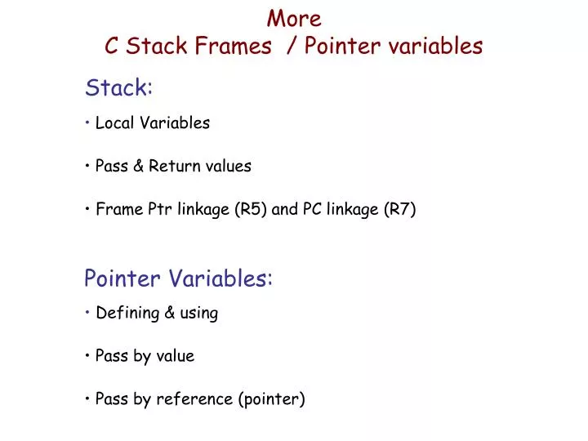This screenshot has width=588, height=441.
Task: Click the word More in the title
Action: (x=294, y=18)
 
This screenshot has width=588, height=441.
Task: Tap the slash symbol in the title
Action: (x=291, y=47)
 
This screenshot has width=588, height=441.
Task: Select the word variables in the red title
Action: (x=440, y=47)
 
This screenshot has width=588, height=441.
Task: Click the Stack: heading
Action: (x=118, y=87)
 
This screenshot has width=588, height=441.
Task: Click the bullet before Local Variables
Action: (x=87, y=123)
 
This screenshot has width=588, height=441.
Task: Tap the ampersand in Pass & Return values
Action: (x=137, y=167)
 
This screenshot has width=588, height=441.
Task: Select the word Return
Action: (x=171, y=167)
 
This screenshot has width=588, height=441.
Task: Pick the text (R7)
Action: (x=399, y=210)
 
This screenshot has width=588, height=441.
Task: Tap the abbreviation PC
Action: (x=312, y=210)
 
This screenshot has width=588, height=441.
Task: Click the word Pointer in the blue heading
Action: (x=123, y=279)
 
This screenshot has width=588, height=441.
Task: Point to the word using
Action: (x=198, y=313)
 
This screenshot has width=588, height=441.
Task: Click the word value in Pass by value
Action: (x=176, y=356)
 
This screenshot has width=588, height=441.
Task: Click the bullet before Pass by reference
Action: (x=87, y=399)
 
